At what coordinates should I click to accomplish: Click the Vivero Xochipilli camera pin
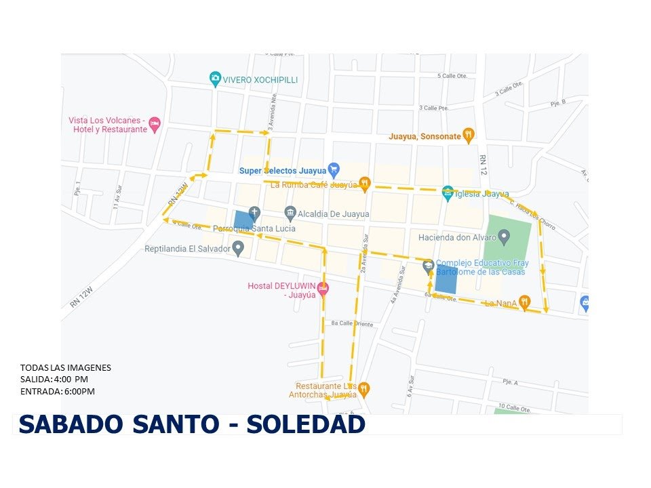click(x=216, y=79)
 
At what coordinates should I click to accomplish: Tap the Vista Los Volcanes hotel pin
click(x=155, y=123)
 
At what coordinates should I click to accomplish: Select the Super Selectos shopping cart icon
click(x=333, y=169)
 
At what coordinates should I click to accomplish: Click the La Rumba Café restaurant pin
click(x=365, y=182)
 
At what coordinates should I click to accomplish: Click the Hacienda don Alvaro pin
click(x=504, y=237)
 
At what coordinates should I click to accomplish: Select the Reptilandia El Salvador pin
click(x=238, y=248)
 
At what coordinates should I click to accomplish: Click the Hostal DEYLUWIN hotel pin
click(x=323, y=288)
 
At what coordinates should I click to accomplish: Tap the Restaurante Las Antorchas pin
click(x=364, y=388)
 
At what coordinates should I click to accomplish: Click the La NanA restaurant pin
click(x=524, y=302)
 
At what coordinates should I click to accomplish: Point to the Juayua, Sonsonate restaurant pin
click(x=468, y=135)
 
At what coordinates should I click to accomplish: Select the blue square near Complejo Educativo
click(x=446, y=280)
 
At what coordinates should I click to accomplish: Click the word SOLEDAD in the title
click(x=306, y=424)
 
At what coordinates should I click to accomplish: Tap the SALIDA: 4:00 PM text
click(x=54, y=380)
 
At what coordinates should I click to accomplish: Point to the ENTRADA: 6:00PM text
click(x=58, y=392)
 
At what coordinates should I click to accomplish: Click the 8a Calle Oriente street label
click(x=352, y=324)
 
